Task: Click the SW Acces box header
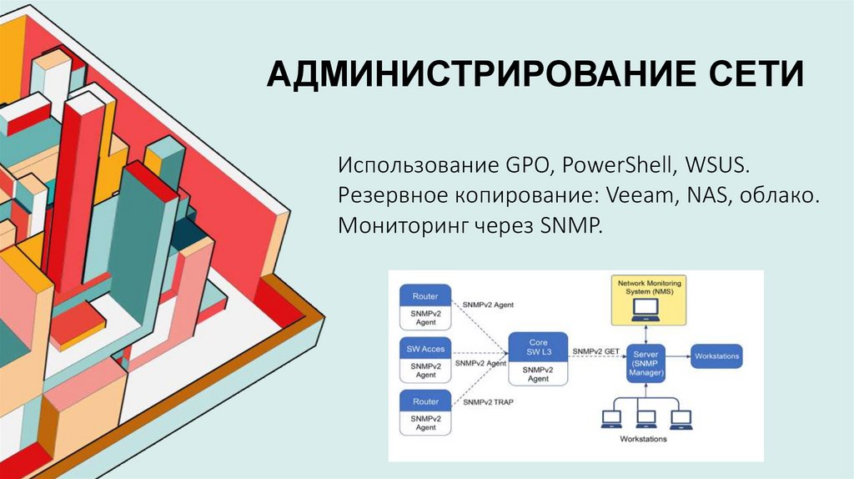(x=425, y=348)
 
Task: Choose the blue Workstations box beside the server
(x=716, y=356)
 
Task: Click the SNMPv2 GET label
(x=595, y=351)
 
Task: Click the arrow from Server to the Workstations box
(x=677, y=356)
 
